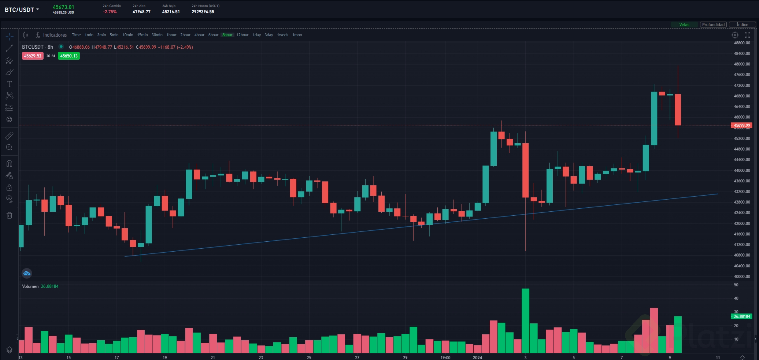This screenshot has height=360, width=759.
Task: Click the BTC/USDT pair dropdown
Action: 22,10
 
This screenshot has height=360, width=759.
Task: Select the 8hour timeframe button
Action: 227,35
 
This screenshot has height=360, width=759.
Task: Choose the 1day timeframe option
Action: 256,35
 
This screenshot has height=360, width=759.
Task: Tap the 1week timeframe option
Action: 282,35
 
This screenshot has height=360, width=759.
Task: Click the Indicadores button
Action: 51,35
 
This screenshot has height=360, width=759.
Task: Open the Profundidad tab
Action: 713,25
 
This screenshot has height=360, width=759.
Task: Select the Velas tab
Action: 684,25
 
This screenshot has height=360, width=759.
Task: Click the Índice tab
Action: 742,25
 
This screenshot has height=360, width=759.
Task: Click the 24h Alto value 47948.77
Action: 141,12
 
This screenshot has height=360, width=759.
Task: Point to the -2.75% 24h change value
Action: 110,12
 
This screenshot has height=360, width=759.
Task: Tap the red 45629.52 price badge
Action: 33,56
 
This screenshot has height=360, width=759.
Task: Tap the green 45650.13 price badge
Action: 69,56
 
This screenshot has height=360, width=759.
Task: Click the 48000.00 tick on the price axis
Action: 742,64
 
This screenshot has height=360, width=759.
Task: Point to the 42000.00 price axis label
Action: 742,223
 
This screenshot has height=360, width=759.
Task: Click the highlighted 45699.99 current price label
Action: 742,125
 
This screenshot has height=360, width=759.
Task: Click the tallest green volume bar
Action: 525,320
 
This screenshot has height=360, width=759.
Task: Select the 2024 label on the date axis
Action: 477,357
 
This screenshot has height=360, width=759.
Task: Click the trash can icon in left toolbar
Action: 10,215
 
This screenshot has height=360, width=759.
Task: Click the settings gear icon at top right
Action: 735,35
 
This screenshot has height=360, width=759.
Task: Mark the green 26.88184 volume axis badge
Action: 742,316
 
